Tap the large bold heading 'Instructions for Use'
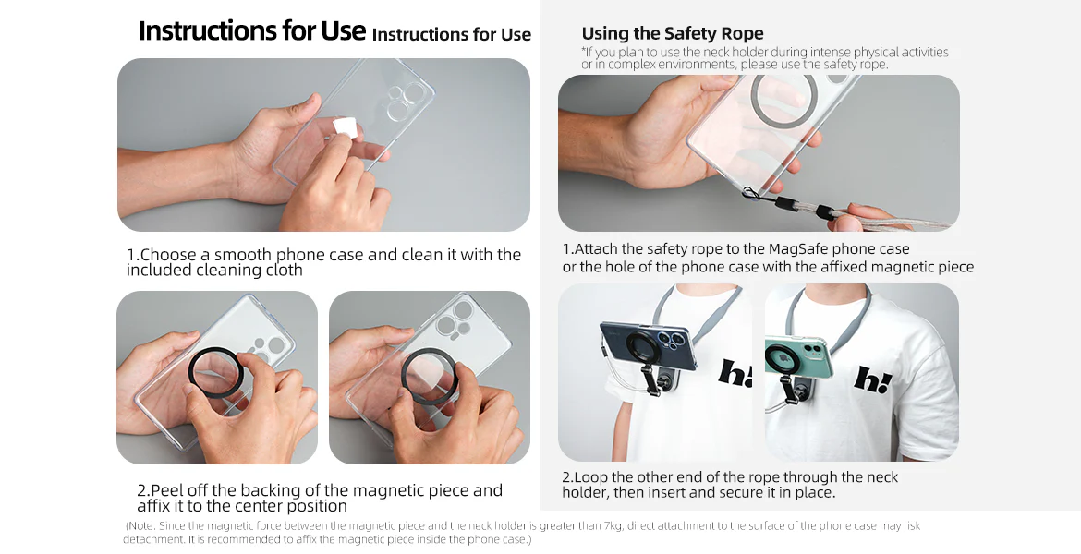click(251, 31)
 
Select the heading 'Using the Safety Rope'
click(673, 33)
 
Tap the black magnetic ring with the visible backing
click(216, 373)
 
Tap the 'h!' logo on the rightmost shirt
click(872, 379)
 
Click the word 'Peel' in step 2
click(165, 490)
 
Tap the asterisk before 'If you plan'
click(583, 50)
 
